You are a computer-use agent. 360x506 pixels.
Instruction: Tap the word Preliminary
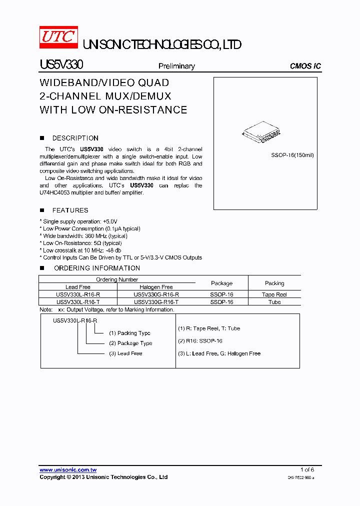click(x=176, y=66)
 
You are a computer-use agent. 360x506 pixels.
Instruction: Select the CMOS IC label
click(x=305, y=66)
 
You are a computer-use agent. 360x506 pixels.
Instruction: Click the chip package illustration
click(x=260, y=133)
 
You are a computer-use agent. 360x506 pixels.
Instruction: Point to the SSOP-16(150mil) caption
click(x=292, y=155)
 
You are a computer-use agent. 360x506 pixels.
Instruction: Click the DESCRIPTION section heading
click(x=75, y=138)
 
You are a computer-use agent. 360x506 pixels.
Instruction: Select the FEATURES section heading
click(x=70, y=210)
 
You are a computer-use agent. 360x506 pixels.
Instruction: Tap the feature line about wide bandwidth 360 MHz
click(x=85, y=236)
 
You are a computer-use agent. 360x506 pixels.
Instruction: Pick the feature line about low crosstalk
click(x=82, y=250)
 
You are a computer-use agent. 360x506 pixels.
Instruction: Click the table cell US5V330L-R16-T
click(x=78, y=302)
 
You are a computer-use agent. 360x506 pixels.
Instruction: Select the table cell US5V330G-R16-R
click(x=156, y=294)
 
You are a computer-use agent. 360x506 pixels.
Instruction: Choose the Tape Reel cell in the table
click(x=274, y=294)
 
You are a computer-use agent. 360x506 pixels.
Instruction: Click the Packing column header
click(x=274, y=283)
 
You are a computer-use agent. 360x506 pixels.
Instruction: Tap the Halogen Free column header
click(x=156, y=287)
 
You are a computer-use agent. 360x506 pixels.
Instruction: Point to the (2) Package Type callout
click(x=130, y=343)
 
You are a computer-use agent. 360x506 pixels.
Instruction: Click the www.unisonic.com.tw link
click(x=68, y=470)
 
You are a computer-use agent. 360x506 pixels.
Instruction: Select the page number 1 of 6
click(x=307, y=469)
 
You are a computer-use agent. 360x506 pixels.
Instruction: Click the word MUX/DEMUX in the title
click(x=142, y=96)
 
